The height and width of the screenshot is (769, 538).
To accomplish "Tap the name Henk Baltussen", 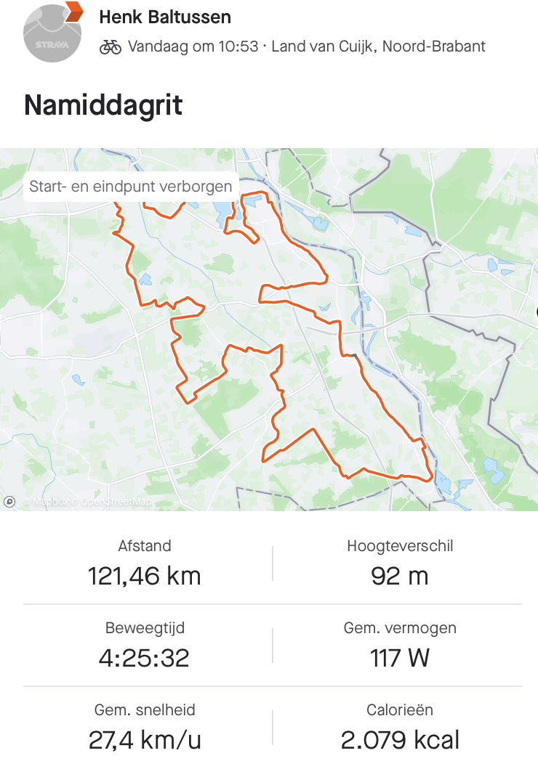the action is pyautogui.click(x=165, y=16).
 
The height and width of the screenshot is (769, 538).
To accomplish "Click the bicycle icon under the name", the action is pyautogui.click(x=111, y=46).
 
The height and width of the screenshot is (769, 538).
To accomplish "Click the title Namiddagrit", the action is pyautogui.click(x=103, y=105).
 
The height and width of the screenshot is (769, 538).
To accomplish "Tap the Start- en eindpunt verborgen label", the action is pyautogui.click(x=131, y=187).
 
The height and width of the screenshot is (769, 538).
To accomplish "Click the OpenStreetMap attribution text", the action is pyautogui.click(x=116, y=501).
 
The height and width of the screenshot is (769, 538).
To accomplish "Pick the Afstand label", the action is pyautogui.click(x=145, y=546).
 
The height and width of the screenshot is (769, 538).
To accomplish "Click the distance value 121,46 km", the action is pyautogui.click(x=145, y=576).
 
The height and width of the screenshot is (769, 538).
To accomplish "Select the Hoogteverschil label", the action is pyautogui.click(x=399, y=546).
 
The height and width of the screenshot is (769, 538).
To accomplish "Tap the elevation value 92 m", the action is pyautogui.click(x=399, y=576).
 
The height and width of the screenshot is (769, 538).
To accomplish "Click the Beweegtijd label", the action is pyautogui.click(x=144, y=628).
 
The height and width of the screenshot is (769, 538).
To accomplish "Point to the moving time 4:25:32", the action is pyautogui.click(x=144, y=658).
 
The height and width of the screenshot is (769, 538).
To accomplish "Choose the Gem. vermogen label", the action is pyautogui.click(x=399, y=628).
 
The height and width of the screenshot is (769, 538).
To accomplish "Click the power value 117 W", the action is pyautogui.click(x=399, y=658).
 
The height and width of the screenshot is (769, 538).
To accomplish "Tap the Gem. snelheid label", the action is pyautogui.click(x=145, y=710).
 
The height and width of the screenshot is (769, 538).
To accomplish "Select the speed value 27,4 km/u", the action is pyautogui.click(x=145, y=740).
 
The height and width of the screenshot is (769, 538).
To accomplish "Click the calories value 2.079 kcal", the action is pyautogui.click(x=400, y=740).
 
